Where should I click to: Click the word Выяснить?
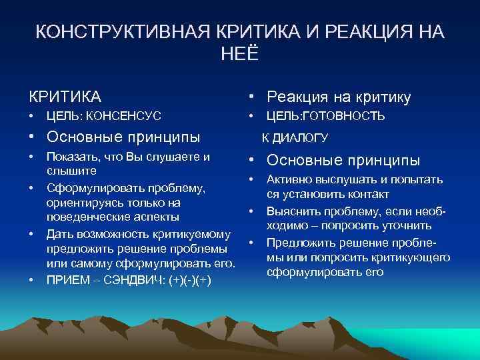[x=293, y=211]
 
